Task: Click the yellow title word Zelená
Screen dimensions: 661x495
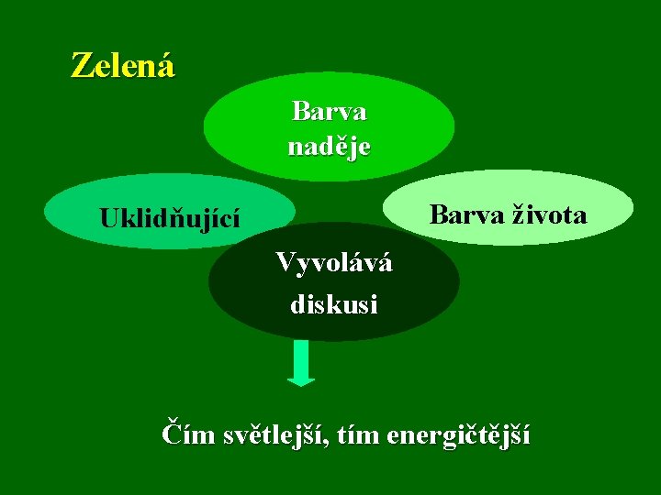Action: click(x=123, y=65)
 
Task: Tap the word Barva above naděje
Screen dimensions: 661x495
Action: click(x=329, y=112)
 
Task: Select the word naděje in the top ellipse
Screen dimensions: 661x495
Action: click(x=329, y=147)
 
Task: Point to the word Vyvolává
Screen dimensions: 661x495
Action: click(x=334, y=263)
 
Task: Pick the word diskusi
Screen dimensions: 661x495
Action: click(x=334, y=303)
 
